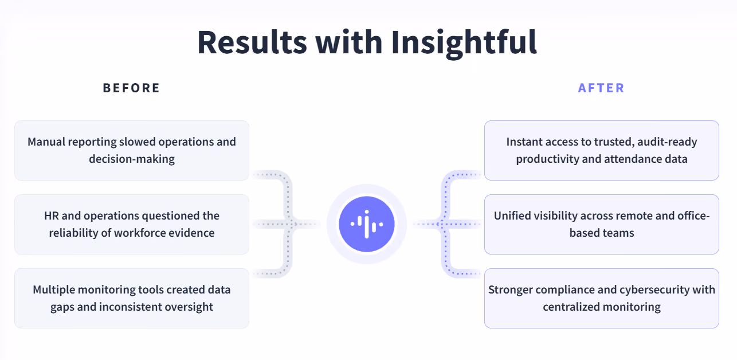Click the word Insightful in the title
coord(464,44)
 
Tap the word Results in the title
coord(252,42)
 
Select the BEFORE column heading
coord(131,88)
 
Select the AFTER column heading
coord(601,88)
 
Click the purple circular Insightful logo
coord(367,224)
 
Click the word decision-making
coord(132,159)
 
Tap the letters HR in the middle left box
coord(51,216)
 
